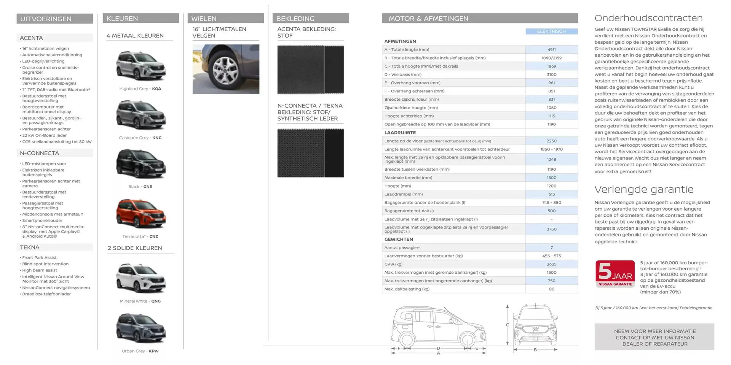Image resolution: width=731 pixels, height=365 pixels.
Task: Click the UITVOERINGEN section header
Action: (54, 19)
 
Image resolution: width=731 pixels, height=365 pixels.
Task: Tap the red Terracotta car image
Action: (140, 213)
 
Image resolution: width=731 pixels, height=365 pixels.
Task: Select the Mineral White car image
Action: (140, 278)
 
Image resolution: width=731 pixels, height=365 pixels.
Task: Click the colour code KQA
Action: (156, 89)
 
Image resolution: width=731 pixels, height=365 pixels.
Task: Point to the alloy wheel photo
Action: (226, 69)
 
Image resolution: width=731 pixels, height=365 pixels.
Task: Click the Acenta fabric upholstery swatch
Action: (310, 69)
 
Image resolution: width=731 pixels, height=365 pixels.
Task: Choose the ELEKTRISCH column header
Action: (551, 31)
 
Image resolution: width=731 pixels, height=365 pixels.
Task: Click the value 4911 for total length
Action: (551, 49)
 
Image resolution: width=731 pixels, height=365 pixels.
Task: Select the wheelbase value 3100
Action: (551, 75)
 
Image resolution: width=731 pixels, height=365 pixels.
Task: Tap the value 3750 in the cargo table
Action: (551, 229)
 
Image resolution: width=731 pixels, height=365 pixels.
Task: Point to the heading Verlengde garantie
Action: (644, 189)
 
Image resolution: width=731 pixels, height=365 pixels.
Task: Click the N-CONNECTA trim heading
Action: (40, 153)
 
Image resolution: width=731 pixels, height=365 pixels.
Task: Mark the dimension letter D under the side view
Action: (438, 348)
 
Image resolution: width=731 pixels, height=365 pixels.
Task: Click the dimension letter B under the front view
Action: (535, 350)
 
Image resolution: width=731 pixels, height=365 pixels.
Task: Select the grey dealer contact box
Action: (654, 337)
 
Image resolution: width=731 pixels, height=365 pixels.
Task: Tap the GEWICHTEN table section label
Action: (399, 239)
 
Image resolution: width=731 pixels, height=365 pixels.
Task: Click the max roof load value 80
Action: (551, 289)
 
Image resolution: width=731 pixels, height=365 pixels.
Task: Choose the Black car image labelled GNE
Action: (140, 164)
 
